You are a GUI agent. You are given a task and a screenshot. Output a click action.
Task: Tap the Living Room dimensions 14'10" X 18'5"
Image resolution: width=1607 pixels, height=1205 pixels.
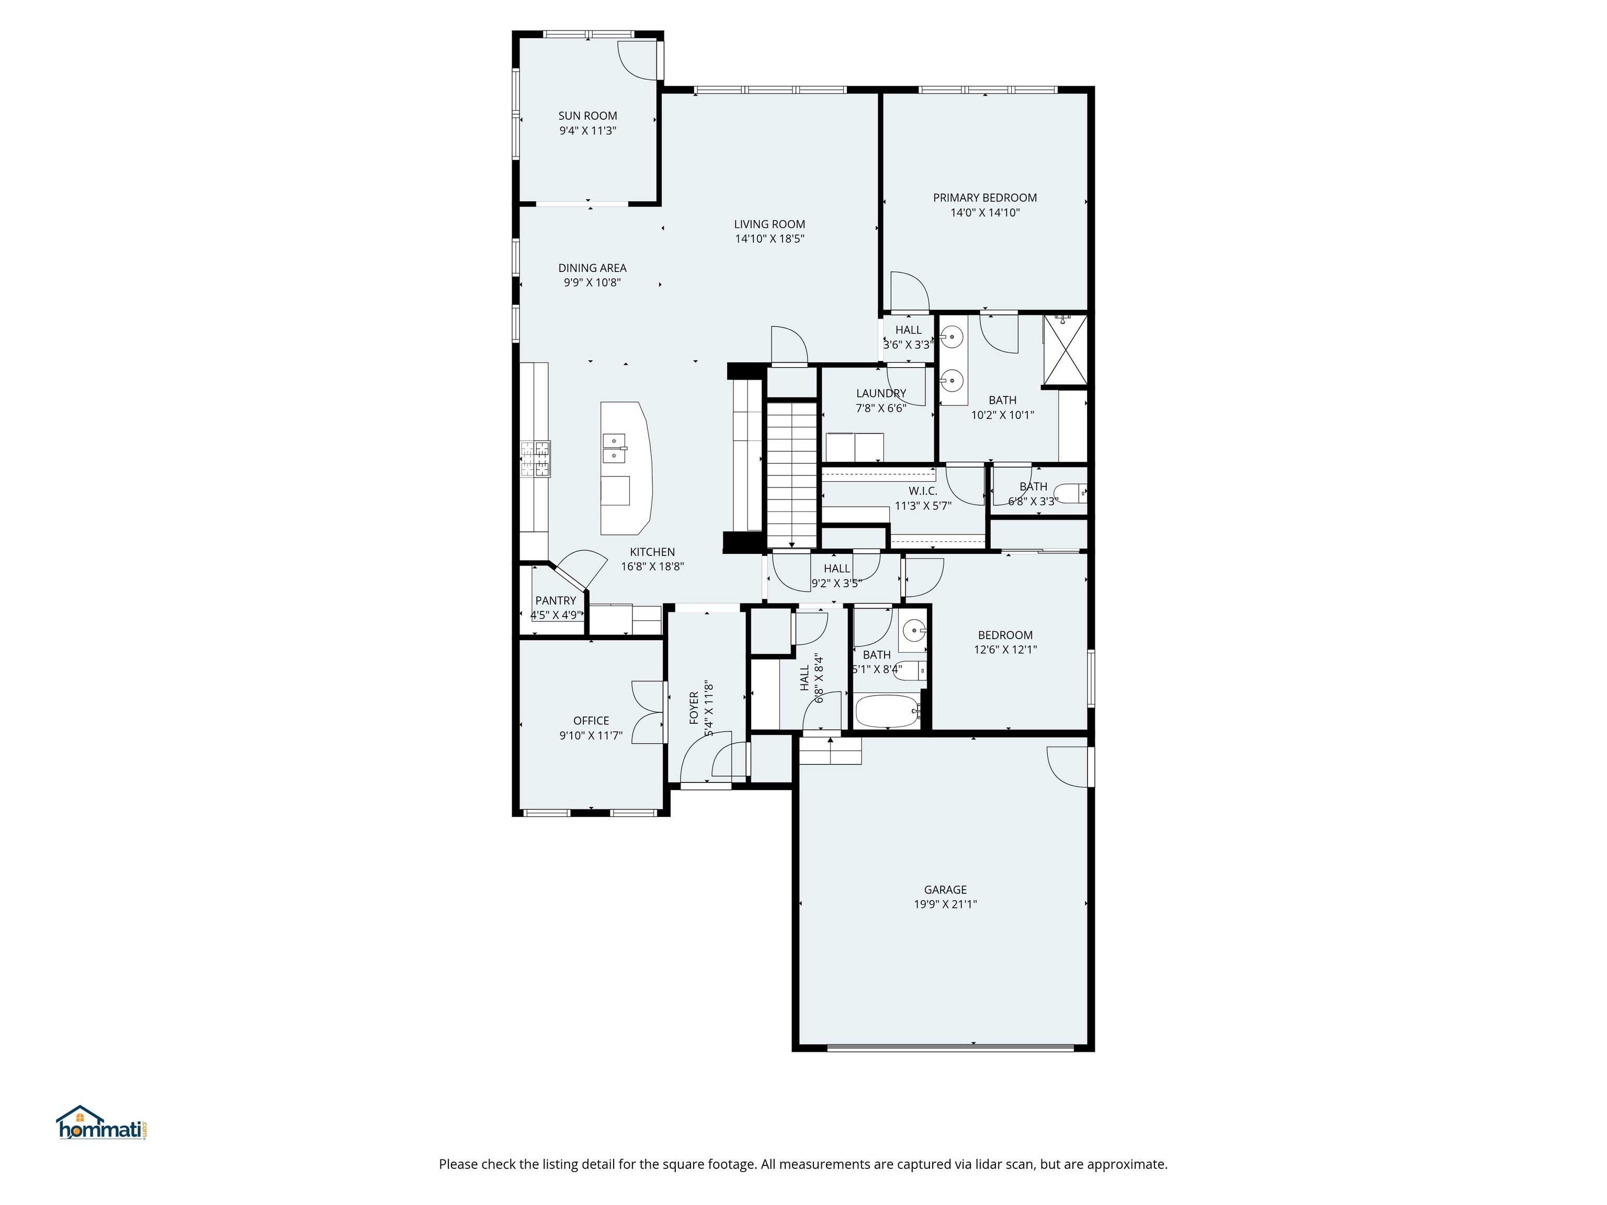click(x=769, y=239)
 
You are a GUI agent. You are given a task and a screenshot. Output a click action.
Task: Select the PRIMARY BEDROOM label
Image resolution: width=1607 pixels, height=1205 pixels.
click(x=984, y=198)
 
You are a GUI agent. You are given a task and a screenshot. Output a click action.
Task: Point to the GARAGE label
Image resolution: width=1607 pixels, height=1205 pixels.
click(x=945, y=889)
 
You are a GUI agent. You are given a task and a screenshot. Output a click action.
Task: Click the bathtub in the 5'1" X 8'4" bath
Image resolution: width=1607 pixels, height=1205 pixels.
click(x=888, y=711)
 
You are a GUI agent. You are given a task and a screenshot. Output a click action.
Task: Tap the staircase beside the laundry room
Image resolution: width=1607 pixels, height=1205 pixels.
click(x=792, y=472)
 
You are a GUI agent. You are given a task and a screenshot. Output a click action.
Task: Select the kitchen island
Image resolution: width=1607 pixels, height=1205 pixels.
click(x=625, y=469)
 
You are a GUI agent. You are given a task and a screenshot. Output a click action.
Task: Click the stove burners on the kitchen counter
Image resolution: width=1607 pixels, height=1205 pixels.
click(x=536, y=459)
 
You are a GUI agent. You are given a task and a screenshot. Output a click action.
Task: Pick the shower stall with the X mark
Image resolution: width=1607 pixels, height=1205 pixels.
click(x=1065, y=349)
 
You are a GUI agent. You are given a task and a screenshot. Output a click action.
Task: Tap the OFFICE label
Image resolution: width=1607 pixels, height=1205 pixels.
click(x=591, y=721)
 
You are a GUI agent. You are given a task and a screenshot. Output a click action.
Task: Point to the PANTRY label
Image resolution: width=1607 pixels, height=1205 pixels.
click(x=555, y=601)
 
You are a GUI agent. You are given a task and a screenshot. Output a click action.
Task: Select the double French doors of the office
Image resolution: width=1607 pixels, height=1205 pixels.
click(x=649, y=712)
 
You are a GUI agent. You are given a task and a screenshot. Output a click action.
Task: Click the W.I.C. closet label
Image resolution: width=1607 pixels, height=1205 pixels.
click(x=923, y=491)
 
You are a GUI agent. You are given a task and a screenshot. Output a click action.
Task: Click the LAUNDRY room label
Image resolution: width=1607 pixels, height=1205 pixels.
click(x=880, y=394)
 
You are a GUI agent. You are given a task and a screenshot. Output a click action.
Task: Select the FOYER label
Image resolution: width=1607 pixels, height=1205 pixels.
click(x=694, y=708)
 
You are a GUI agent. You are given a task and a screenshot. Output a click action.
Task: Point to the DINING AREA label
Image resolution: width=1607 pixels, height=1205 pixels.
click(x=592, y=268)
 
